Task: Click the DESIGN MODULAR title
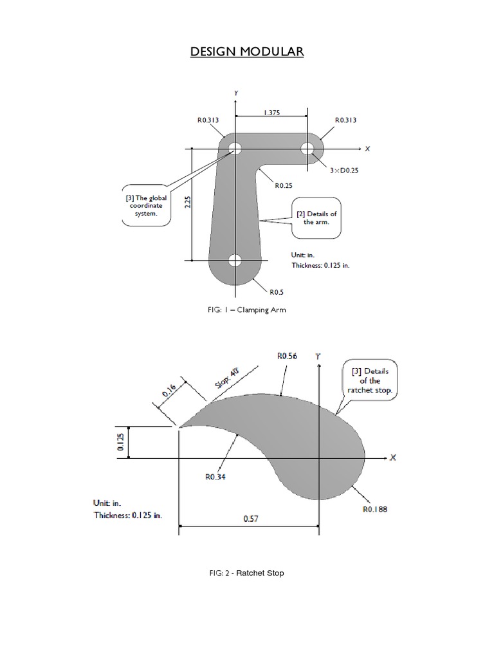tap(246, 51)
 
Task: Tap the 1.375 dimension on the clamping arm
tap(271, 113)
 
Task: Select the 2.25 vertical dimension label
tap(187, 203)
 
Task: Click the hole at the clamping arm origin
tap(235, 149)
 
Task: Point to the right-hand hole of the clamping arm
tap(307, 149)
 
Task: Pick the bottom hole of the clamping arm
tap(235, 261)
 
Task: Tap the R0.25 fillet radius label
tap(283, 185)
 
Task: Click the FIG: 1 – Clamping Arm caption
tap(244, 310)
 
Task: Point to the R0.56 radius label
tap(288, 355)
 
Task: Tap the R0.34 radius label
tap(214, 477)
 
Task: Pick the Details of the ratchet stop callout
tap(365, 381)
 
